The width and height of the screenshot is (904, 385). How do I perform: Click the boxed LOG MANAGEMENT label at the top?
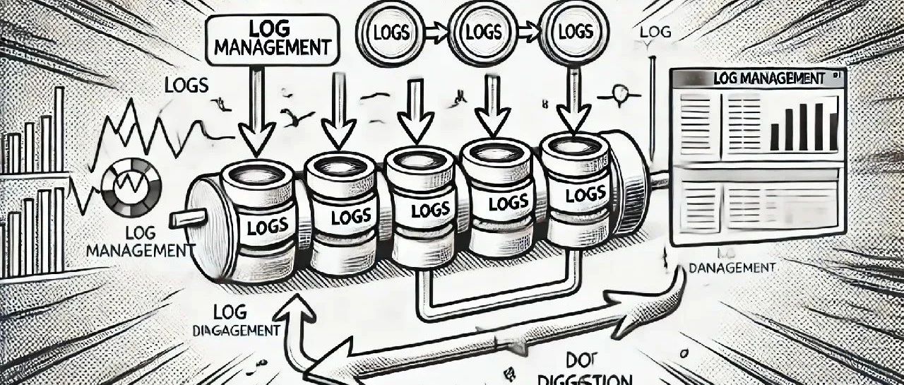[272, 40]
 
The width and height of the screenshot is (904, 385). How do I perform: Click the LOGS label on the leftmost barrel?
[268, 226]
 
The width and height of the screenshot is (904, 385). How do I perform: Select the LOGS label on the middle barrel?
[430, 210]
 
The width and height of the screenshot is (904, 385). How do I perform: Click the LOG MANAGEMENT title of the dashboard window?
[769, 78]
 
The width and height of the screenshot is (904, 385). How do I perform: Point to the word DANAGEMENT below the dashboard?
[732, 268]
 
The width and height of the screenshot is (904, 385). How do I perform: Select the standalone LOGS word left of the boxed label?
[186, 85]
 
